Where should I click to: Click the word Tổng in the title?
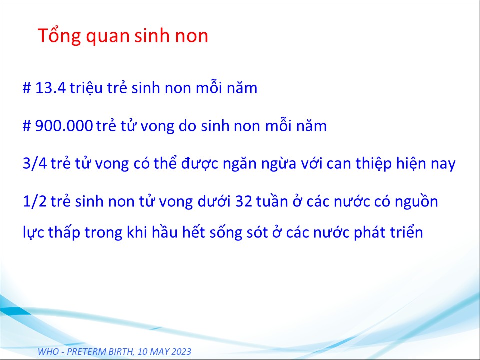(x=59, y=36)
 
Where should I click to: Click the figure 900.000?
(x=64, y=126)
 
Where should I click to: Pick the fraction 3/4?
(x=35, y=163)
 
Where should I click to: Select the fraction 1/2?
(x=35, y=201)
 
